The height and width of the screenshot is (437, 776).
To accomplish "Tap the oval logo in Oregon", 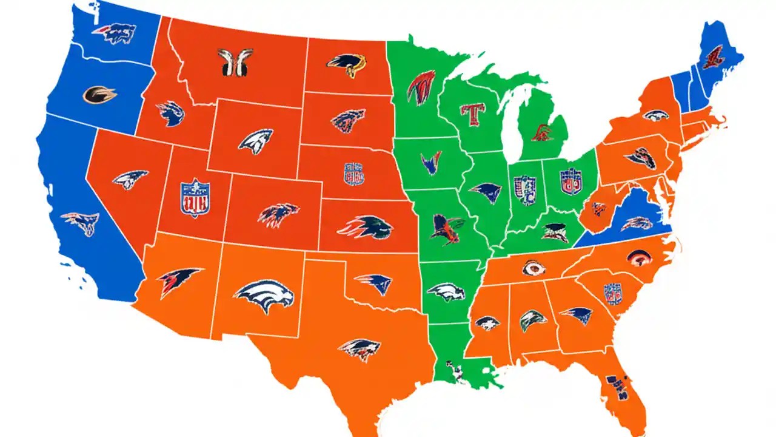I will click(x=99, y=94).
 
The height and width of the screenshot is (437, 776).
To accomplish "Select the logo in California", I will click(x=80, y=223).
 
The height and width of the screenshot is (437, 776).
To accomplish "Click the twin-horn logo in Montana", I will click(x=235, y=62).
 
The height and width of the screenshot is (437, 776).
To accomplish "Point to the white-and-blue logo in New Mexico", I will click(x=264, y=296).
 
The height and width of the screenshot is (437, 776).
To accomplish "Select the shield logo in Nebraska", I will click(x=354, y=174).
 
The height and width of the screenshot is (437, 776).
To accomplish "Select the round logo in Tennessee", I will click(x=533, y=268).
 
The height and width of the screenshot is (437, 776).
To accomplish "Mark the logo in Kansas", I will click(x=366, y=227).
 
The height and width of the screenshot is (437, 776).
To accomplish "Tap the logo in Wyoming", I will click(x=255, y=141).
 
